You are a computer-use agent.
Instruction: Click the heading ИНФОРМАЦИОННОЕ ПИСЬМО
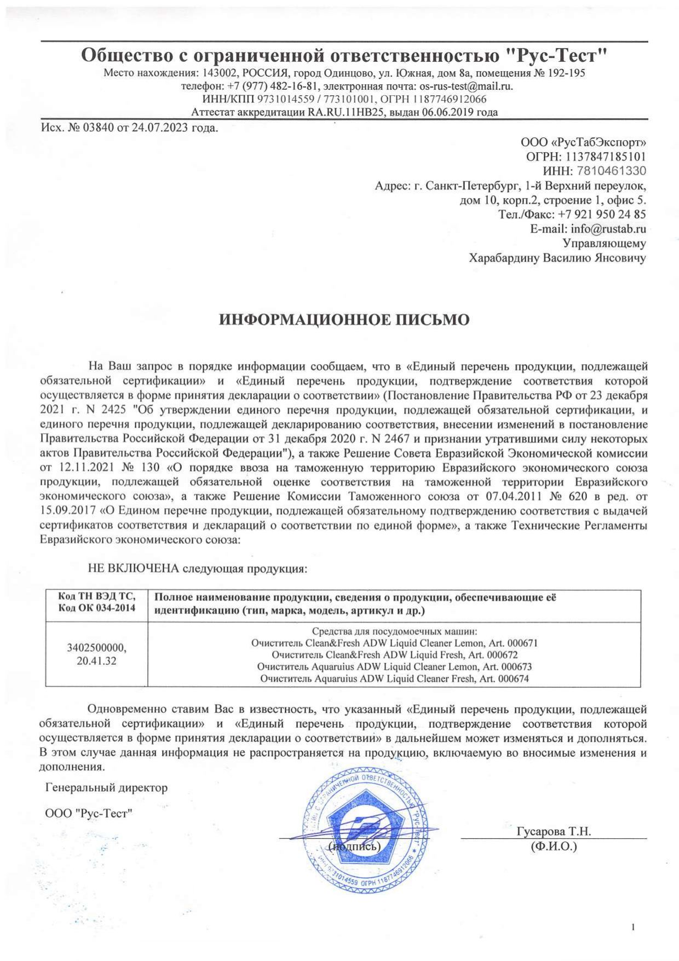pyautogui.click(x=344, y=320)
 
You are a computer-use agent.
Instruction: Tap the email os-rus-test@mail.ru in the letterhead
pyautogui.click(x=466, y=86)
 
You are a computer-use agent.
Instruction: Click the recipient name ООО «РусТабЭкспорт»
pyautogui.click(x=583, y=142)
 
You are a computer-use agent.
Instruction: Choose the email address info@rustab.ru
pyautogui.click(x=608, y=228)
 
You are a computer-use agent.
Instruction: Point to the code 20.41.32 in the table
pyautogui.click(x=96, y=660)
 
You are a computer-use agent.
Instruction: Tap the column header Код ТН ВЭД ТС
pyautogui.click(x=96, y=596)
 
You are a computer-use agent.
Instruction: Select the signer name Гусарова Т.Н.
pyautogui.click(x=554, y=831)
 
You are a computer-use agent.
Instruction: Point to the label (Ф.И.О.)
pyautogui.click(x=554, y=847)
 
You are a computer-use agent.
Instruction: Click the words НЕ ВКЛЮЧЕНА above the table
pyautogui.click(x=134, y=568)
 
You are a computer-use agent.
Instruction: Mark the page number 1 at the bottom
pyautogui.click(x=634, y=912)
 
